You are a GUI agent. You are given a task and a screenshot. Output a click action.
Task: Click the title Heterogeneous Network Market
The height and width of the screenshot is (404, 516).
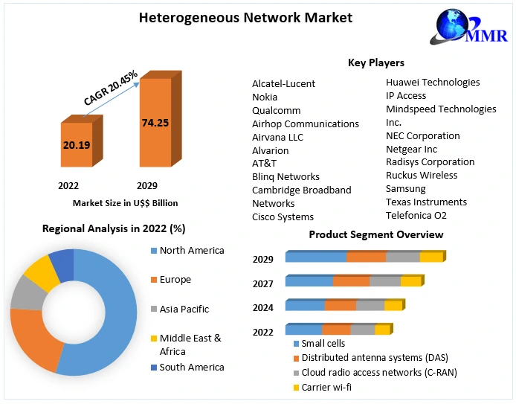245,16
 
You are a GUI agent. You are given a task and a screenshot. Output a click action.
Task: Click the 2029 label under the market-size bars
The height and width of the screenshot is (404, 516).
146,185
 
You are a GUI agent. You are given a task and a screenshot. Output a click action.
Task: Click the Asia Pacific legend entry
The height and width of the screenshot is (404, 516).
184,309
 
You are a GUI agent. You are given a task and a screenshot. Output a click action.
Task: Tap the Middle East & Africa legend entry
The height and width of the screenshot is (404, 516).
190,344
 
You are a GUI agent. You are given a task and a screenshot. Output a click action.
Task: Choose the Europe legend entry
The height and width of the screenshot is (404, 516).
175,280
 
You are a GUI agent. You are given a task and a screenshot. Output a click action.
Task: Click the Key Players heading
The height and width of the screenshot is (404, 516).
375,62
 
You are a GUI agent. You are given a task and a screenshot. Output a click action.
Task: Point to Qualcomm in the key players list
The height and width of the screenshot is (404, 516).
276,110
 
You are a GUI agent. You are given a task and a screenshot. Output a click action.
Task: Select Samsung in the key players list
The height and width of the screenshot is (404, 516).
406,188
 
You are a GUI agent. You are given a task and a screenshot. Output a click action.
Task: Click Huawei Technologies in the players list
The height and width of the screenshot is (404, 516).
433,82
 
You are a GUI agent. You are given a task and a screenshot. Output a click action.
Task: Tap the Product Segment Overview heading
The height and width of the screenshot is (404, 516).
376,234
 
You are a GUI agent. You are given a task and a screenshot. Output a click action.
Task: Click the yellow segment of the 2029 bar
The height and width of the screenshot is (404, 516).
430,257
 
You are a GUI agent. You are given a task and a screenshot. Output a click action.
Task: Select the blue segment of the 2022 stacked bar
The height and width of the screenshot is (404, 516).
303,330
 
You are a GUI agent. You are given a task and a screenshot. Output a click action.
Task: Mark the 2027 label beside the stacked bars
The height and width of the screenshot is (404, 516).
262,283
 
